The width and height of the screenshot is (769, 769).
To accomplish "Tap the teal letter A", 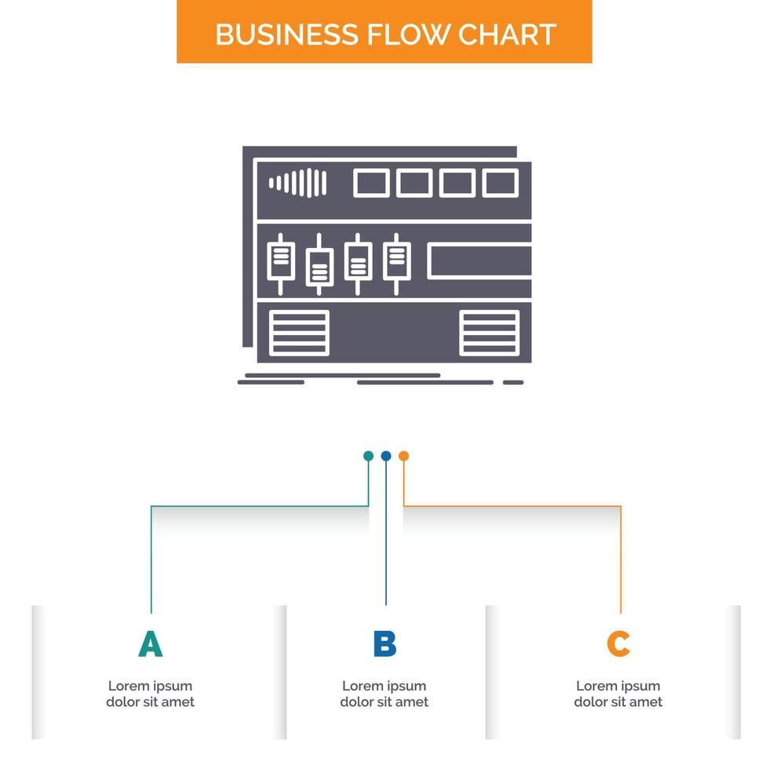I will click(150, 643).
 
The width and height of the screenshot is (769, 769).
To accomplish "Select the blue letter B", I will click(384, 643).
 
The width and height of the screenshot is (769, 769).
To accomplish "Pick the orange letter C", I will click(618, 643).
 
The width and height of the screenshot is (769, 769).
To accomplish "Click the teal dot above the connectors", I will click(368, 456).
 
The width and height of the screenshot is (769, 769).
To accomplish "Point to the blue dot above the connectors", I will click(386, 456).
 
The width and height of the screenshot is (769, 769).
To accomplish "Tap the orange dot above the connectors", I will click(403, 456).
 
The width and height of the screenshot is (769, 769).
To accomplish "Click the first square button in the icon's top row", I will click(371, 183).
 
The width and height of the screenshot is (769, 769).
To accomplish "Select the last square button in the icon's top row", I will click(500, 183).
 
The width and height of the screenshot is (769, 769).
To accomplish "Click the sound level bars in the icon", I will click(297, 183).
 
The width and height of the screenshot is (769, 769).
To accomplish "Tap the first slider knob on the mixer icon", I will click(281, 261).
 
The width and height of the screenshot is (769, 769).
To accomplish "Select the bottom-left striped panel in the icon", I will click(299, 333).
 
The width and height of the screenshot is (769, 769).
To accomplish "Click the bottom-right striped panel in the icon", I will click(490, 333).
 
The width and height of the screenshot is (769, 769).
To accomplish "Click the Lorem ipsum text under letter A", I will click(150, 694).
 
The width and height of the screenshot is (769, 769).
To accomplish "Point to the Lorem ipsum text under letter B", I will click(384, 694).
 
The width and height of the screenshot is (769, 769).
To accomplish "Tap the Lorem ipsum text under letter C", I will click(618, 694).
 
